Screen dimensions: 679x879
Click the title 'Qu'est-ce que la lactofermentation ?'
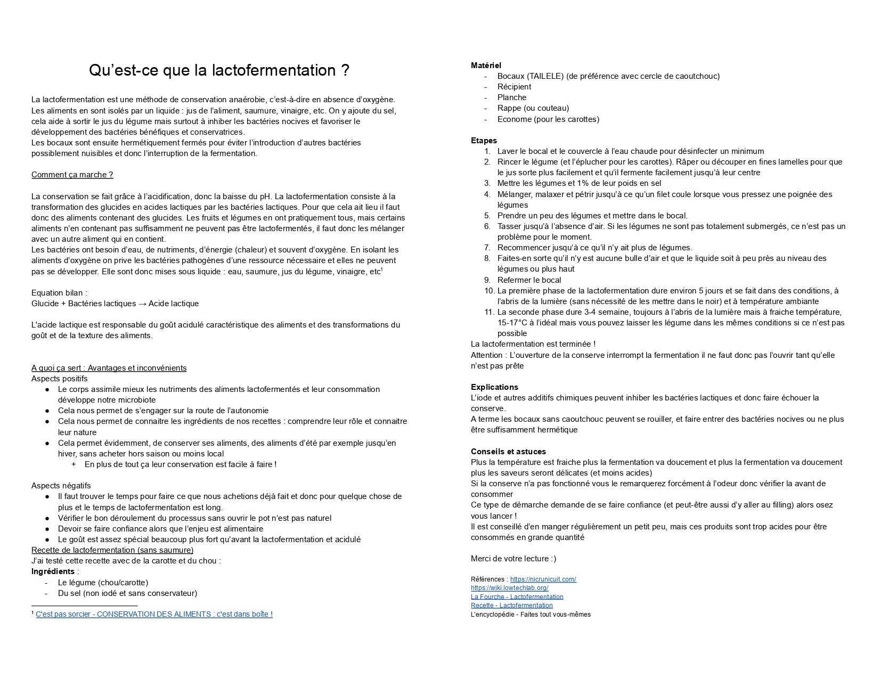point(219,70)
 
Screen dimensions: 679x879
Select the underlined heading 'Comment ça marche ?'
point(72,175)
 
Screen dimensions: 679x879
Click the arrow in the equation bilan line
point(142,304)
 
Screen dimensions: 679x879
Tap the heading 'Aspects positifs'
point(59,379)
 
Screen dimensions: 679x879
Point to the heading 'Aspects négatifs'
point(61,486)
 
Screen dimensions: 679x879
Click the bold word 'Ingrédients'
point(53,571)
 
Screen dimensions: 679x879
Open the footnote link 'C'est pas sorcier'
point(154,614)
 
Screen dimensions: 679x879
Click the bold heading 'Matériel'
point(486,66)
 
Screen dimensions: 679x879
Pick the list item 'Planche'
point(511,97)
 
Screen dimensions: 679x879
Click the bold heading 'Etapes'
point(484,141)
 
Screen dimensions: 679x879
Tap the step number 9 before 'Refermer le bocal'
point(487,280)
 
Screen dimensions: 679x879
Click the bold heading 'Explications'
point(494,387)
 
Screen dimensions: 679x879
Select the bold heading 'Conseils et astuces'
point(508,452)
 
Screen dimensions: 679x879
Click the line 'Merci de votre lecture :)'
point(513,559)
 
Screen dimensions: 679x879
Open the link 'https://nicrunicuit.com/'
point(543,579)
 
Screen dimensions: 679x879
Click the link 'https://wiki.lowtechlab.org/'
point(509,588)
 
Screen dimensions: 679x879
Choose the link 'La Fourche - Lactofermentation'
point(517,597)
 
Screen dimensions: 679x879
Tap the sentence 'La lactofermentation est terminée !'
point(533,344)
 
